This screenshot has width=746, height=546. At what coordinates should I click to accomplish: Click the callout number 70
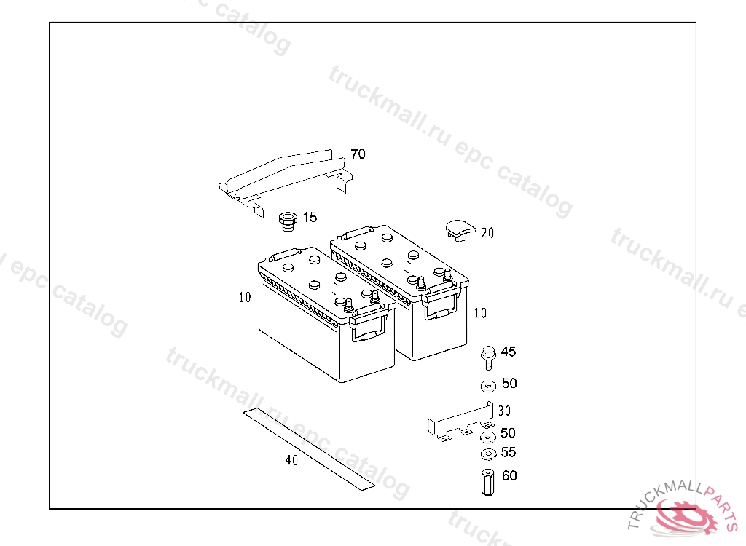coord(358,154)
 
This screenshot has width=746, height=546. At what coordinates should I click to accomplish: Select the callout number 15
coord(310,218)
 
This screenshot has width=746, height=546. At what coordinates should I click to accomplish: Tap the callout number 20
coord(487,233)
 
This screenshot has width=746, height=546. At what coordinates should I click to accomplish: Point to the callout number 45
coord(508,352)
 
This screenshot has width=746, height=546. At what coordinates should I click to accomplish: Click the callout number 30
coord(504,411)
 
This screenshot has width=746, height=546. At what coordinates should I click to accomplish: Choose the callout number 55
coord(508,452)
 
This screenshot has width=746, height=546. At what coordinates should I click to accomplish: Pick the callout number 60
coord(509,475)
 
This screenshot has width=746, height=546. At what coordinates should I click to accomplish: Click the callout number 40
coord(291,460)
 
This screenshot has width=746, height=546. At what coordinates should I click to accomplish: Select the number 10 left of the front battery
coord(245,297)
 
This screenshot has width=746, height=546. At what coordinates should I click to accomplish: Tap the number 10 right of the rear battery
coord(481,313)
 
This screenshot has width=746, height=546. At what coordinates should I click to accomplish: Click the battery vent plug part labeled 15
coord(288,221)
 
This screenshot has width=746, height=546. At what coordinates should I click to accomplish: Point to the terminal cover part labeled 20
coord(460,230)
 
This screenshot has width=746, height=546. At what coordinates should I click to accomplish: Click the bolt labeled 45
coord(488,358)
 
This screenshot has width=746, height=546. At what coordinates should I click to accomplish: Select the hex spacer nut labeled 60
coord(487,482)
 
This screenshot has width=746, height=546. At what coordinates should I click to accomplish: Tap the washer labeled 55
coord(489,454)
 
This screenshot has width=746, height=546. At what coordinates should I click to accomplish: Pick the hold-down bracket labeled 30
coord(460,422)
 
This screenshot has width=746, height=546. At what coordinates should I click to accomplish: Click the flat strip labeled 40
coord(309,449)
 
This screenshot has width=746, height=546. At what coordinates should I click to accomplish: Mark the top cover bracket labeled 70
coord(286,181)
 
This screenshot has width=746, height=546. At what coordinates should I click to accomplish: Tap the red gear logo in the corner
coord(685,516)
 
